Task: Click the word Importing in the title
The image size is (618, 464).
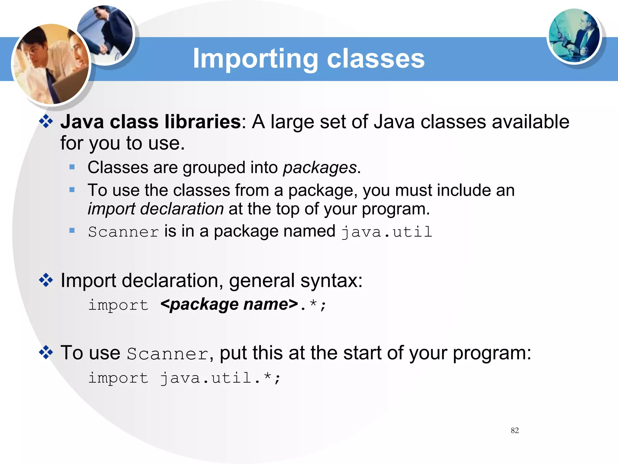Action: [255, 59]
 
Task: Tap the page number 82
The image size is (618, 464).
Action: [515, 430]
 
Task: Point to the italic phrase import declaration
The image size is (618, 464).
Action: [155, 209]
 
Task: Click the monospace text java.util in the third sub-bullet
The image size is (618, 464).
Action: [387, 232]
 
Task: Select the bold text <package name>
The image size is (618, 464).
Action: [229, 304]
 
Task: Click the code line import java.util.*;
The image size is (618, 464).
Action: [184, 378]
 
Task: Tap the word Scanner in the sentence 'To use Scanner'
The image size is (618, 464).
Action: [167, 354]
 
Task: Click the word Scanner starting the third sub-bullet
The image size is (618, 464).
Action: [123, 232]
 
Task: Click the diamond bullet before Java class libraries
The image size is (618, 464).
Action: [46, 122]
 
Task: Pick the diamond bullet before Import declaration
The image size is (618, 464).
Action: [46, 280]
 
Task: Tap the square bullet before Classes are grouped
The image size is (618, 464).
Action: [72, 167]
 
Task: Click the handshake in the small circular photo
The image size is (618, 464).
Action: [104, 48]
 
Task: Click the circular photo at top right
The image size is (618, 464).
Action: [574, 36]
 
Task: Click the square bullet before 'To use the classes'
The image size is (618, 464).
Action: [72, 190]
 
